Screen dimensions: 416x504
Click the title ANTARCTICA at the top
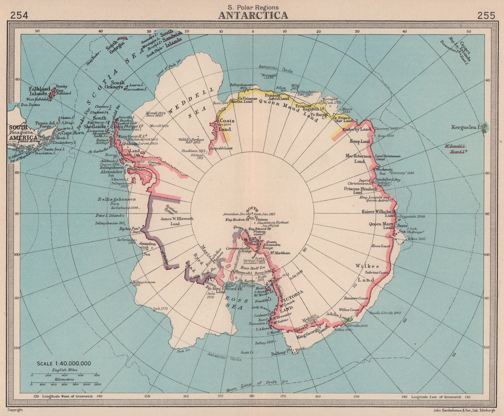pyautogui.click(x=253, y=15)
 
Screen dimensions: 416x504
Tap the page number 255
pyautogui.click(x=486, y=15)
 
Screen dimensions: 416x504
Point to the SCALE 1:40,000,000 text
pyautogui.click(x=64, y=363)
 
